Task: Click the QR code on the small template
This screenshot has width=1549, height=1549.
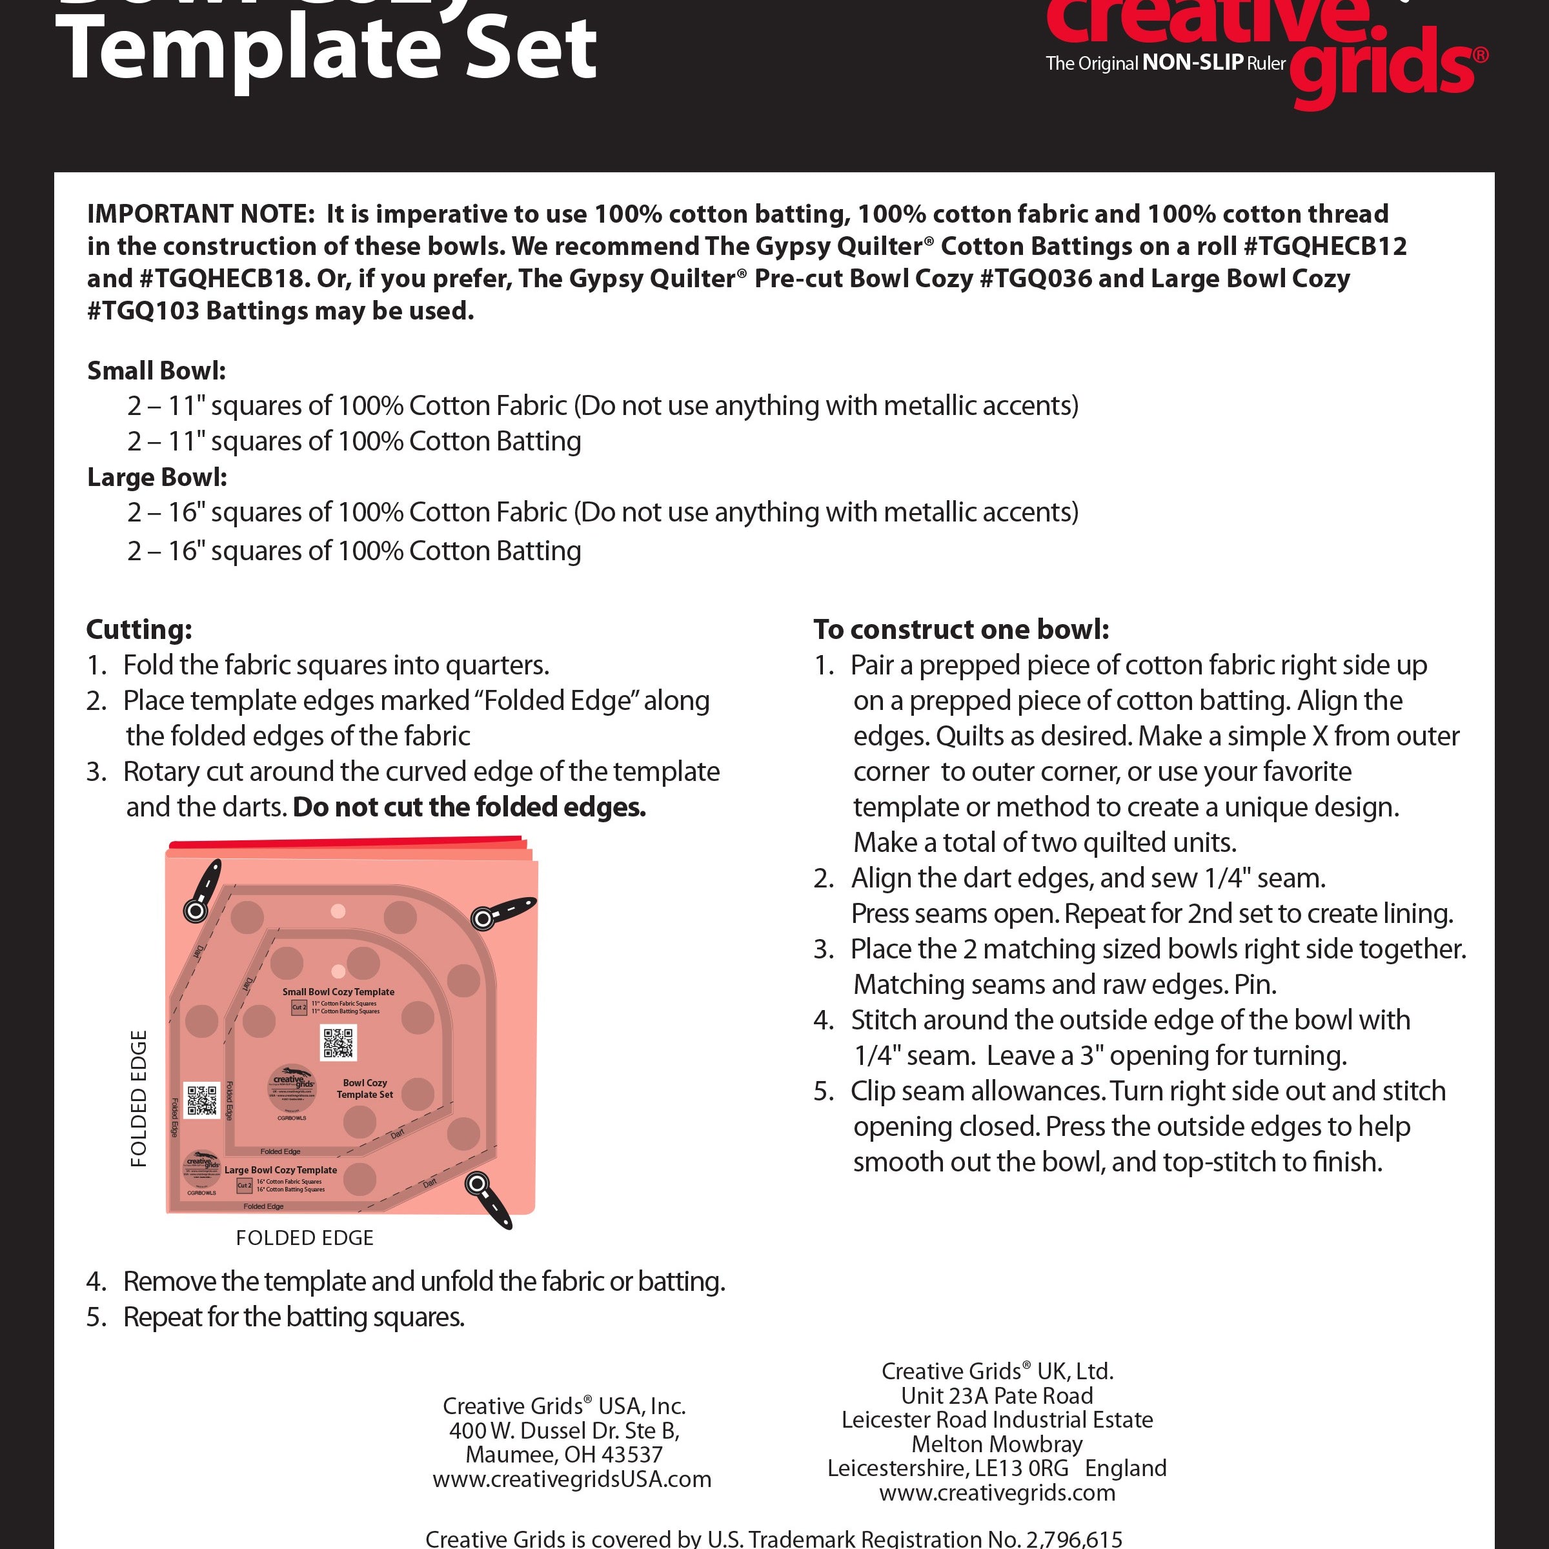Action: click(x=338, y=1043)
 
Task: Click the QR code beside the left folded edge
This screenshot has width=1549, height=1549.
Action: click(x=202, y=1101)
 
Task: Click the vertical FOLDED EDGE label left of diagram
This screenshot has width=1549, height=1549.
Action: click(x=139, y=1098)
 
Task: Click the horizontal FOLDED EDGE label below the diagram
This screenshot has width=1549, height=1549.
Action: click(x=305, y=1238)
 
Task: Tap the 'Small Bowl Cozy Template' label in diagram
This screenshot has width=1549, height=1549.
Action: click(x=338, y=992)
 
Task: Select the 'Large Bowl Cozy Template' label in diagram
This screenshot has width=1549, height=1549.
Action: click(x=281, y=1169)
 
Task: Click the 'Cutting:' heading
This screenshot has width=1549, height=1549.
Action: click(x=139, y=629)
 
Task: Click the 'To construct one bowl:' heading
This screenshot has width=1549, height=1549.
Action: click(x=960, y=629)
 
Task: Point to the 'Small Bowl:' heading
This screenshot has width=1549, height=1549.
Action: click(x=156, y=370)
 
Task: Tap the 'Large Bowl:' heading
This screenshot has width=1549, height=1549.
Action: click(x=157, y=477)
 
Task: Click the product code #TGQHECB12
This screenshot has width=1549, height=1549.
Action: click(x=1324, y=246)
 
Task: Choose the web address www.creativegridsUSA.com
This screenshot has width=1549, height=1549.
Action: click(x=572, y=1479)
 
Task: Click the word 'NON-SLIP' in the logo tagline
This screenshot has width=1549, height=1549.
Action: click(x=1192, y=63)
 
